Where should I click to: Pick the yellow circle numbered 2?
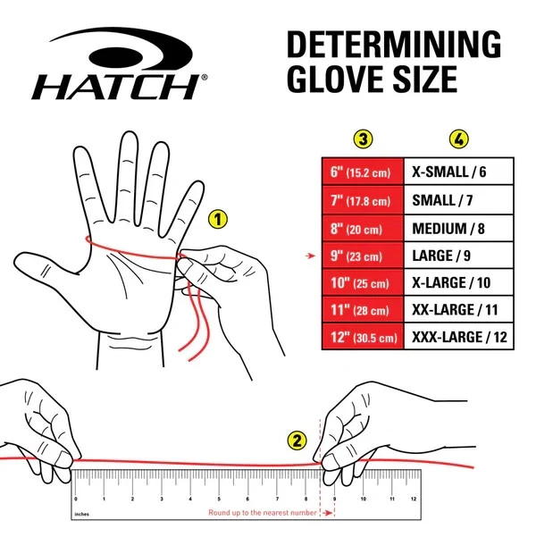point(297,440)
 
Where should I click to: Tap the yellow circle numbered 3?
point(362,139)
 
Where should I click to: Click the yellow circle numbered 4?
point(458,139)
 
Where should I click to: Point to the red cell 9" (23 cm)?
point(362,256)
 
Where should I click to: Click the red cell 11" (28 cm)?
point(362,311)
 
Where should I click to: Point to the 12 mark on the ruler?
point(412,498)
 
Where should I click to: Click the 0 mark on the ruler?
point(76,498)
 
